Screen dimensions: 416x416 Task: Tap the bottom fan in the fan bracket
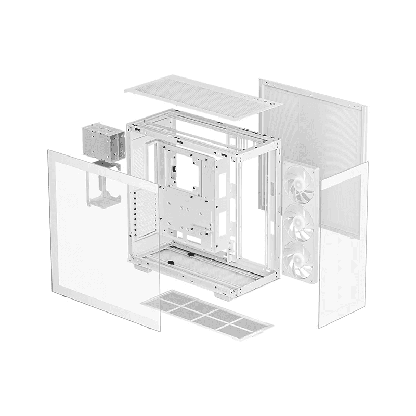299,258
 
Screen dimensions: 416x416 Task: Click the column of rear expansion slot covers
136,213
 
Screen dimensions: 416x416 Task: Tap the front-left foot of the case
142,268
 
